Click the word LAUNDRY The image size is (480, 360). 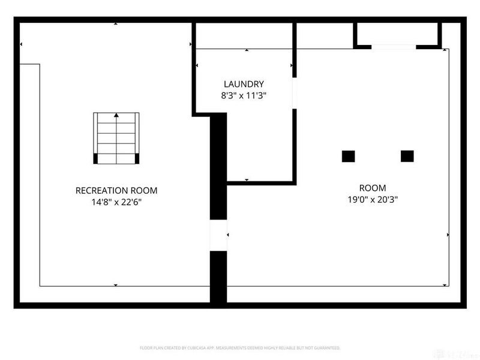244,85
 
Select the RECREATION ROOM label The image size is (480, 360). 116,191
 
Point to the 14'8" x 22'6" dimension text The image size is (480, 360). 116,202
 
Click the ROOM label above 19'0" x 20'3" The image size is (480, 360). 373,188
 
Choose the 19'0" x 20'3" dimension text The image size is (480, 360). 373,199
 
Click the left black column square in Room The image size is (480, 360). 349,156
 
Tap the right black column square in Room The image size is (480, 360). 407,156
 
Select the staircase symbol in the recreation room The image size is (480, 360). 116,137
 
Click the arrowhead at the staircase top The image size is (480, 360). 116,115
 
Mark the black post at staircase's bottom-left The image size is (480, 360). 96,158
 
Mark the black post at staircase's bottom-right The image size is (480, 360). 137,158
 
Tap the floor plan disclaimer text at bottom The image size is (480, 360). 240,347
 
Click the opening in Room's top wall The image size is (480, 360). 394,47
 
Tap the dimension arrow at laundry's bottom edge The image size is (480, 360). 247,180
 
